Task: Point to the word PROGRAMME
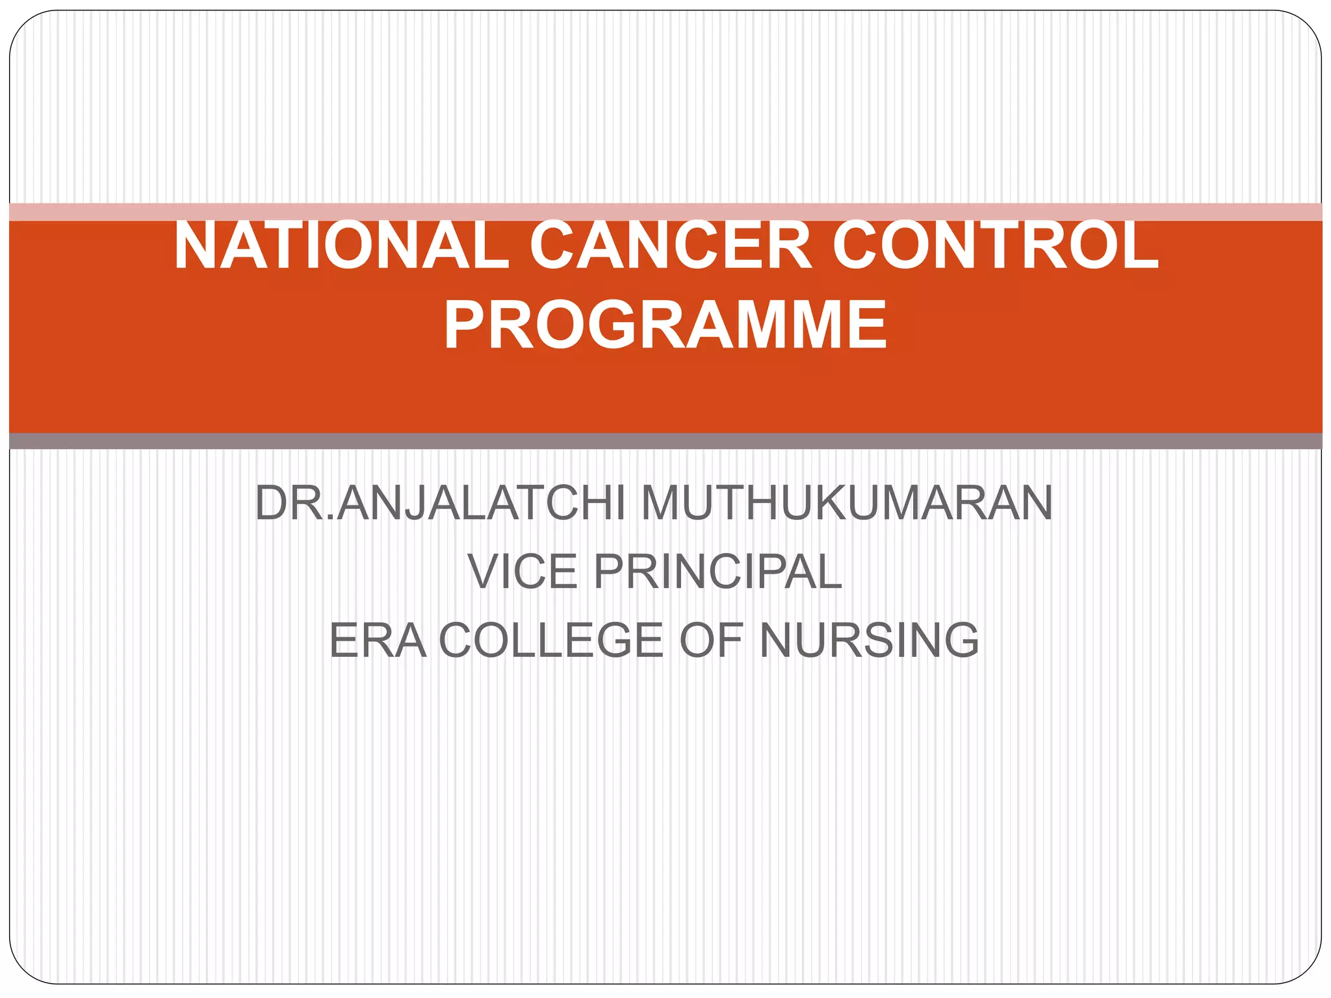tap(665, 324)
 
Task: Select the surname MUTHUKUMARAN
tap(846, 504)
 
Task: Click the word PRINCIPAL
tap(717, 572)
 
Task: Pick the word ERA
tap(378, 641)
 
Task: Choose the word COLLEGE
tap(552, 641)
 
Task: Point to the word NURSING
tap(869, 641)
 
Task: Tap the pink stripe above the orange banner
tap(665, 212)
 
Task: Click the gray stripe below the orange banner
tap(665, 441)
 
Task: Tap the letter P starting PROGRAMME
tap(465, 324)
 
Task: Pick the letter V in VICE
tap(484, 572)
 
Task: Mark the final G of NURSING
tap(958, 641)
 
